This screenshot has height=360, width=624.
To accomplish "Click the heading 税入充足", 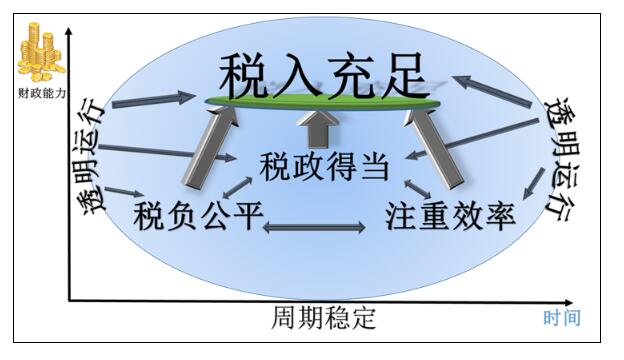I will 321,72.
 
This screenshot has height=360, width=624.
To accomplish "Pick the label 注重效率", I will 450,215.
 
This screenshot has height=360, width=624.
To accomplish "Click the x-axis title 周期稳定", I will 324,319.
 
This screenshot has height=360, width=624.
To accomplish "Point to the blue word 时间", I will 561,318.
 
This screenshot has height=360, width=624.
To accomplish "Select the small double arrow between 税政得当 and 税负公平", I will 237,182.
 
